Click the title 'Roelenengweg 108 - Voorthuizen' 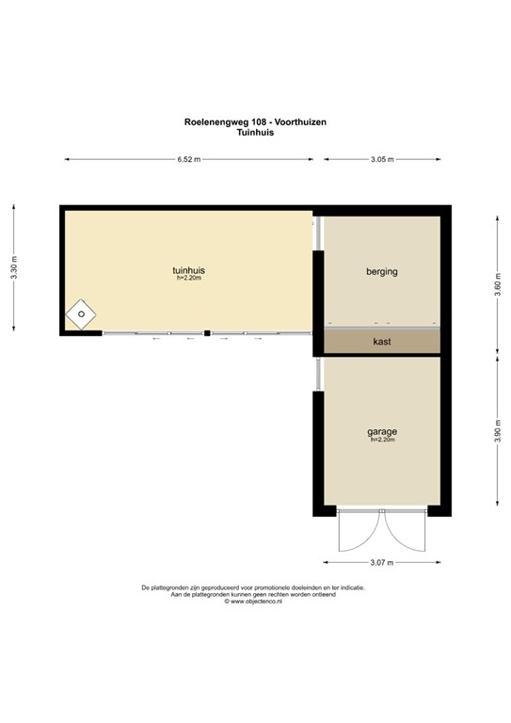point(255,122)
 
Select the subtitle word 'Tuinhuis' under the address point(255,134)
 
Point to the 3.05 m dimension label point(382,160)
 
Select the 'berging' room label point(382,272)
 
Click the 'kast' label point(382,341)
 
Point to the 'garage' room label point(382,432)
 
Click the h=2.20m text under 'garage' point(382,441)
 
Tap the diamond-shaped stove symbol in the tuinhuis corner point(82,314)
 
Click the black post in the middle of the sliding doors point(207,333)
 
